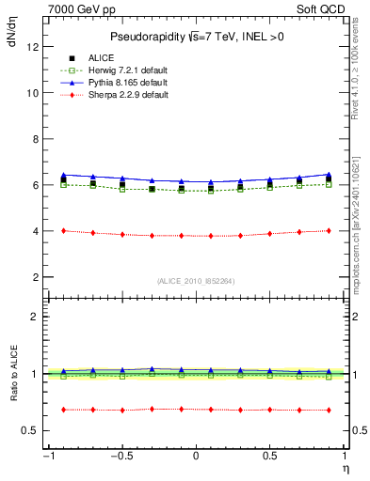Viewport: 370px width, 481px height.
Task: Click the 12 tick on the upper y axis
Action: [x=33, y=47]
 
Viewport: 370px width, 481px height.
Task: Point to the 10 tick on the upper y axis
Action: [x=33, y=93]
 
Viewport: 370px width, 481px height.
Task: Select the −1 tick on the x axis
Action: [x=47, y=457]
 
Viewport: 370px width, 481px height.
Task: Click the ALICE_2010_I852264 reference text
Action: [x=196, y=281]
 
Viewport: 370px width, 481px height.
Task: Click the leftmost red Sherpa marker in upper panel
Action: [x=63, y=230]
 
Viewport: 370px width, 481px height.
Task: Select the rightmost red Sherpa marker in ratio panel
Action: [x=329, y=410]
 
